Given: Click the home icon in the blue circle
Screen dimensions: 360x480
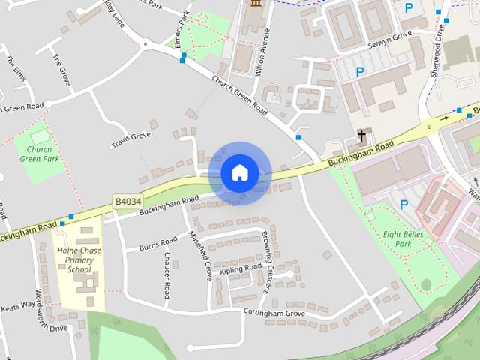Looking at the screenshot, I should point(240,173).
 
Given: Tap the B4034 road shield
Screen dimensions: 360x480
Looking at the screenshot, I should point(128,201).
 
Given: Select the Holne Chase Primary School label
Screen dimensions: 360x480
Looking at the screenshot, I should point(79,258).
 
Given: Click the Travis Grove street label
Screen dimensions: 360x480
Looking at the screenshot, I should point(131,139).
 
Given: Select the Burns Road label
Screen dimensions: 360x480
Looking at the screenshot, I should point(157,243).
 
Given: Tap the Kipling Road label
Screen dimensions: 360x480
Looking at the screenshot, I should point(240,269).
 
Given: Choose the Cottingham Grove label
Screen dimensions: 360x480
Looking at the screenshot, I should point(274,313).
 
